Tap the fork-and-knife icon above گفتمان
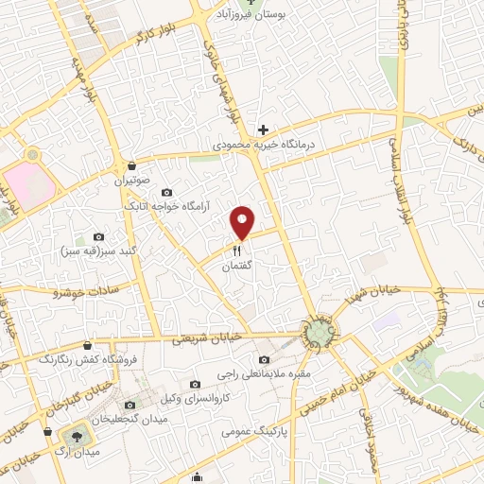pyautogui.click(x=237, y=251)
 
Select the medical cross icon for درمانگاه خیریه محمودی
pyautogui.click(x=264, y=130)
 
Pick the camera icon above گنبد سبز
pyautogui.click(x=98, y=236)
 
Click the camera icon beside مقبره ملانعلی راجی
pyautogui.click(x=263, y=360)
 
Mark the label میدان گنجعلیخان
pyautogui.click(x=131, y=417)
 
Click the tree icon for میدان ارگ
pyautogui.click(x=72, y=436)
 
